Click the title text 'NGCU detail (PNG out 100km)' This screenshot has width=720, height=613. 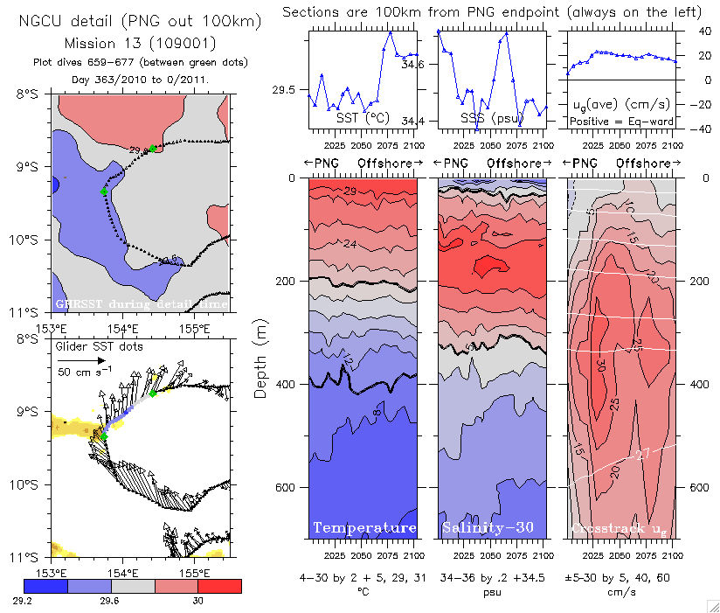coord(140,19)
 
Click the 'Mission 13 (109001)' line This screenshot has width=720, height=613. coord(140,43)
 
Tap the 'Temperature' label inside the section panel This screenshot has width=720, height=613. coord(364,527)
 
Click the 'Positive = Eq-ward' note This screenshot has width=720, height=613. coord(620,118)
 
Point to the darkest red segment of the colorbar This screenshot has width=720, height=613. coord(221,585)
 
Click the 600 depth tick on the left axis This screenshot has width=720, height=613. coord(285,487)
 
